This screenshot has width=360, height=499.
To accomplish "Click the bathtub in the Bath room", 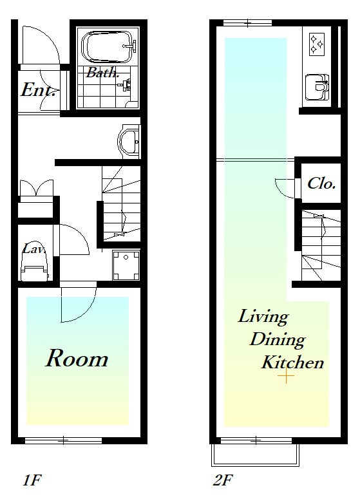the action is [x=108, y=47].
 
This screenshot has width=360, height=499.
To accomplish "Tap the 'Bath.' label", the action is [x=102, y=73].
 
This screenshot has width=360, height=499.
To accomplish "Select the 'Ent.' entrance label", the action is [x=38, y=89].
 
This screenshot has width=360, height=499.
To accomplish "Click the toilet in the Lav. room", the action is [x=35, y=267].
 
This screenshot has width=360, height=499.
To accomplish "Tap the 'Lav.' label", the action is [x=33, y=249].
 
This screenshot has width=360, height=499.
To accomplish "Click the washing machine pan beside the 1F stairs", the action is [x=126, y=265].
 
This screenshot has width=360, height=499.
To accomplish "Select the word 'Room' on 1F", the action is [x=77, y=359].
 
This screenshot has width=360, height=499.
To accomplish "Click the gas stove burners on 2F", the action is [x=317, y=44].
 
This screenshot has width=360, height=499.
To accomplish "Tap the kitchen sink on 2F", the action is [x=317, y=86].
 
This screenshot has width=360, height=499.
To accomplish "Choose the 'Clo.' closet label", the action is [x=321, y=184].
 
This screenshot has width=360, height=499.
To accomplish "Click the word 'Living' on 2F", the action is [x=263, y=317].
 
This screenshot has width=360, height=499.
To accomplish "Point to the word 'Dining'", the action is [x=278, y=339].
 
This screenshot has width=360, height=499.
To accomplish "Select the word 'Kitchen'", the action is [x=292, y=362].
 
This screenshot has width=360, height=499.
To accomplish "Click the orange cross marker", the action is [x=286, y=376].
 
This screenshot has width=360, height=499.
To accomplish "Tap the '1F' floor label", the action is [x=32, y=480].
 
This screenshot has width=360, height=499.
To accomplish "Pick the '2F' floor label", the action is [x=223, y=480].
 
